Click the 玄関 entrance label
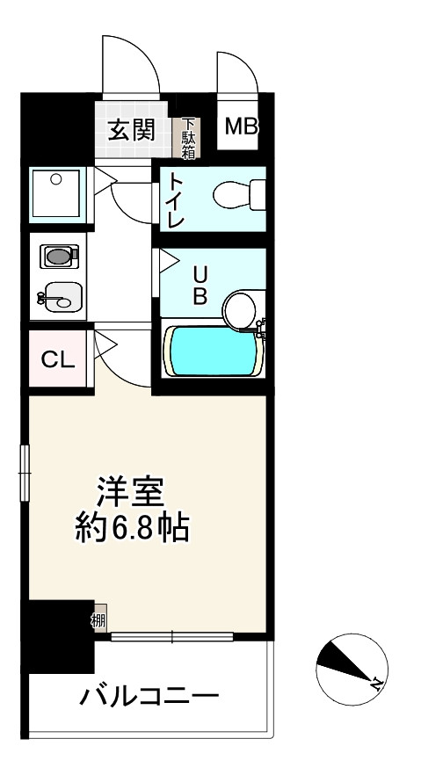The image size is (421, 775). point(132,129)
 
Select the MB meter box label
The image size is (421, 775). point(242,127)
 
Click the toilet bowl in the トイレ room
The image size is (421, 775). point(240,195)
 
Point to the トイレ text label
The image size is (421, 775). point(175,199)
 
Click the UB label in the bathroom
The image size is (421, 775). point(200,286)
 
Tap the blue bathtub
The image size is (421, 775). point(213,351)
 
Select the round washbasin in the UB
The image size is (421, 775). point(240,310)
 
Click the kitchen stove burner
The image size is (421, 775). point(59,256)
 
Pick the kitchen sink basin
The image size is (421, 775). point(61,297)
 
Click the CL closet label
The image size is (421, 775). point(58,360)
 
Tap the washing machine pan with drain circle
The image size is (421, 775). point(56,193)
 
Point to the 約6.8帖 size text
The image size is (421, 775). point(132,527)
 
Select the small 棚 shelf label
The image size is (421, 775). point(98,619)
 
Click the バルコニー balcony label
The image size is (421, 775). point(149,697)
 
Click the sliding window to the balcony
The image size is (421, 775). point(172,636)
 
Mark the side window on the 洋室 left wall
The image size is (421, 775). point(25,473)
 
